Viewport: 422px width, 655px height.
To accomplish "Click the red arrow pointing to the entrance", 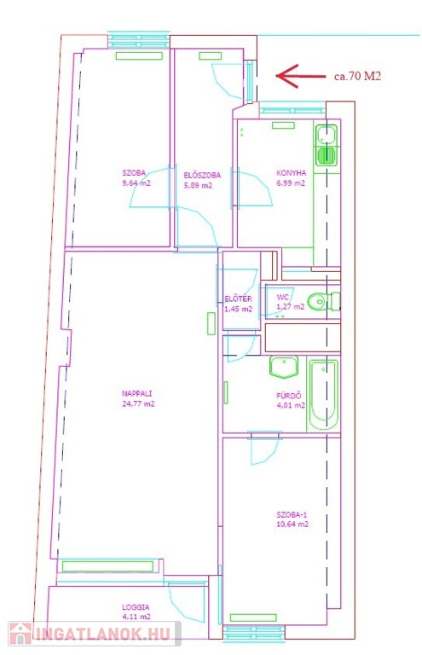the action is [x=301, y=76].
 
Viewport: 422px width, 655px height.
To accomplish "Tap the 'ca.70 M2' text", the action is [x=358, y=76].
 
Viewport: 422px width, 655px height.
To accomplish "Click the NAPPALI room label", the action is [x=137, y=393].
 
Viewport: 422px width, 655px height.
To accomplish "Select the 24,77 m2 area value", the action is [x=139, y=403].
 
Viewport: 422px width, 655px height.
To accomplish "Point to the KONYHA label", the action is [x=291, y=172].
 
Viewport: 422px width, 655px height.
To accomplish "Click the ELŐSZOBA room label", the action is [x=202, y=176].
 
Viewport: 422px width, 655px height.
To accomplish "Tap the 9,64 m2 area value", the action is [x=136, y=183].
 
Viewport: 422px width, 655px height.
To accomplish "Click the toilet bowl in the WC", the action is [x=317, y=301].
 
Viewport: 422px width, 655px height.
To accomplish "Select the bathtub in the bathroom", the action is [x=323, y=395].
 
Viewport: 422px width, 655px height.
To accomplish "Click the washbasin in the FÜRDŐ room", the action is [x=284, y=367].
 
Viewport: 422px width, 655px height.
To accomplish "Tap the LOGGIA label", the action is [x=136, y=607].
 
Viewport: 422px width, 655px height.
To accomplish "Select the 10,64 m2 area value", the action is [x=292, y=525].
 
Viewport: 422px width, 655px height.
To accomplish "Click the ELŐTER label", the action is [x=238, y=299].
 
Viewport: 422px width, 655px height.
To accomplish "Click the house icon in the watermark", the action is [x=20, y=634].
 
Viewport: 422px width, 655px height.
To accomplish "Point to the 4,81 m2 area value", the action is [x=291, y=405].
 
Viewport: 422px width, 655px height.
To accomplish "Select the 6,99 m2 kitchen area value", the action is [x=291, y=183].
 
